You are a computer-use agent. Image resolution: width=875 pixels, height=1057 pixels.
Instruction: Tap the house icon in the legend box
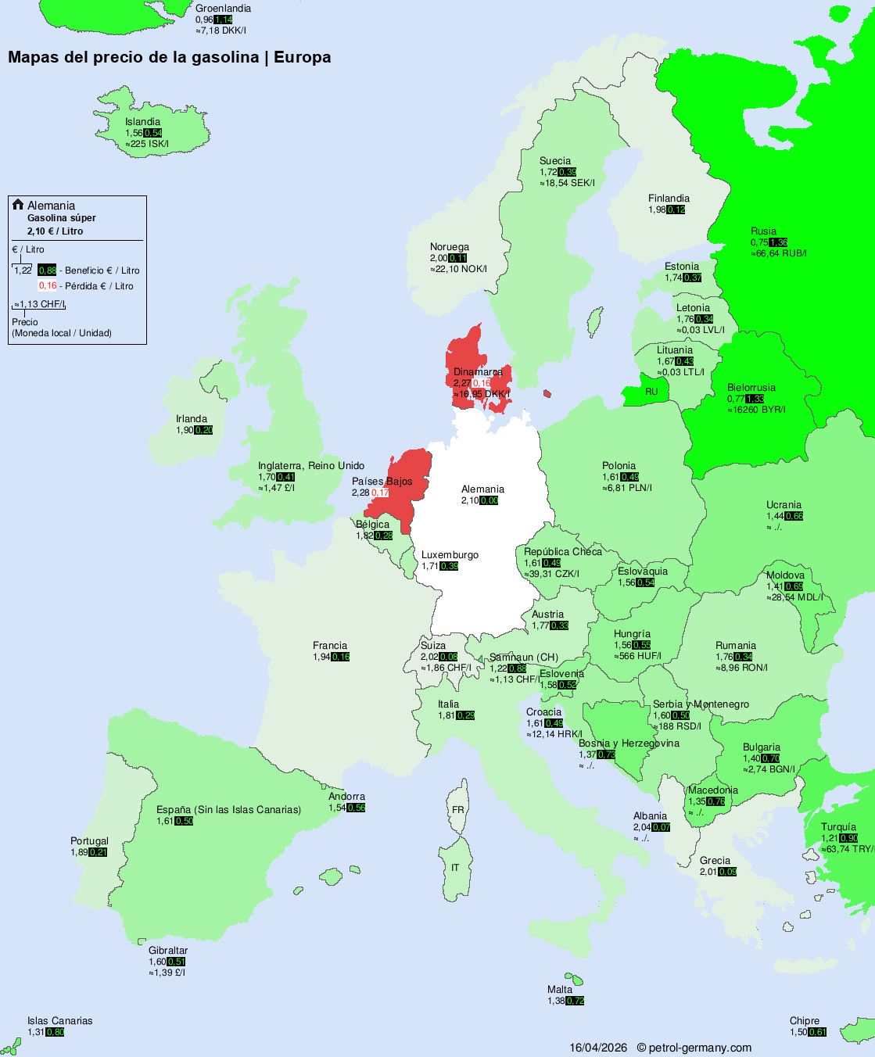(18, 205)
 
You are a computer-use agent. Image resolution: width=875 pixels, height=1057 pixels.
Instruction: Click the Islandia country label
(142, 122)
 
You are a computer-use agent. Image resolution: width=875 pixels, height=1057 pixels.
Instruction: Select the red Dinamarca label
(478, 372)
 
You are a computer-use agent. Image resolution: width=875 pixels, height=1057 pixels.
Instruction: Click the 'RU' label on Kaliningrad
(651, 392)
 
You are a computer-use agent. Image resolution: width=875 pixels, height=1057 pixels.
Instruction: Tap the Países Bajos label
(382, 482)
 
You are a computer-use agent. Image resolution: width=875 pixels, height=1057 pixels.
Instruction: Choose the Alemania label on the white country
(482, 489)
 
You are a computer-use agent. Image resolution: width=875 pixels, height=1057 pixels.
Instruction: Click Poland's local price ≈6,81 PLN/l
(627, 488)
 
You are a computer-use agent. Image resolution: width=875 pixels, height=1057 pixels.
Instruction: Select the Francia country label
(330, 646)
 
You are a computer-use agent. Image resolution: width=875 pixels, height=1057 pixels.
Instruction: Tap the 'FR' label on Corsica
(457, 810)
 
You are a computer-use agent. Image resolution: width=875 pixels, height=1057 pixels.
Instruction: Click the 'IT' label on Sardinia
(455, 868)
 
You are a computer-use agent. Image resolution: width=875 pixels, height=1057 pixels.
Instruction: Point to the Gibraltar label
(168, 951)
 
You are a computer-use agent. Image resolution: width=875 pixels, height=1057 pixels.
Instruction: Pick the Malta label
(560, 990)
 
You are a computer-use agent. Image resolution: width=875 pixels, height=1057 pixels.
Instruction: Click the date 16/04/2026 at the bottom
(598, 1048)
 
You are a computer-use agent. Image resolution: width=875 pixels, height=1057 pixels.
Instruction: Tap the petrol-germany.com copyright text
(694, 1048)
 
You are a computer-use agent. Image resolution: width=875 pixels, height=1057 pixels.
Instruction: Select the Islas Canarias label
(59, 1021)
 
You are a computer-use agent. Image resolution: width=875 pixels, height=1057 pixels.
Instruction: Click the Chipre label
(805, 1021)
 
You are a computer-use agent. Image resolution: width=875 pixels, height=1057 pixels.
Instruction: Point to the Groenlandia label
(223, 9)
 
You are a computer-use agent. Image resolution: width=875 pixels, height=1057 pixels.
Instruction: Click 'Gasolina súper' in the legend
(62, 218)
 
